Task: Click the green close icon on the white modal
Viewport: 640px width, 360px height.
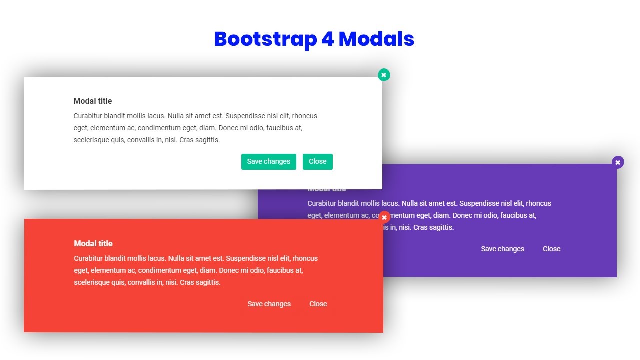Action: pos(384,75)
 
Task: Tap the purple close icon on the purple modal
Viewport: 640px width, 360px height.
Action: pos(618,162)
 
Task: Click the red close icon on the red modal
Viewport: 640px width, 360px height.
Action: pos(384,217)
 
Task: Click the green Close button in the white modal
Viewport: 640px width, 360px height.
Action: pos(317,161)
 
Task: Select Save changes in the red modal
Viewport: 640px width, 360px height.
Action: pos(269,304)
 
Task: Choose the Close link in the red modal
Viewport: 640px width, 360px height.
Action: pos(318,304)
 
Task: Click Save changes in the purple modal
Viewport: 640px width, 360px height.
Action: pos(502,249)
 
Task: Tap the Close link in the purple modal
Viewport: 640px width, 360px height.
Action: pos(551,249)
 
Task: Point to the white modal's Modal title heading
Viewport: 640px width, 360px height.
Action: pos(93,101)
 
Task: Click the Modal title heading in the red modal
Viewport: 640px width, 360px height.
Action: pos(93,243)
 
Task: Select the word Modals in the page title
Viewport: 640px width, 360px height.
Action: pos(376,39)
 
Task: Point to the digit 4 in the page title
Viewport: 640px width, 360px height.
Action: pos(327,39)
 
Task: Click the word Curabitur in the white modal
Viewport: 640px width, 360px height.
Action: pos(88,116)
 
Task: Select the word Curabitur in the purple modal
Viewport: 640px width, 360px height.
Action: pos(322,203)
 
